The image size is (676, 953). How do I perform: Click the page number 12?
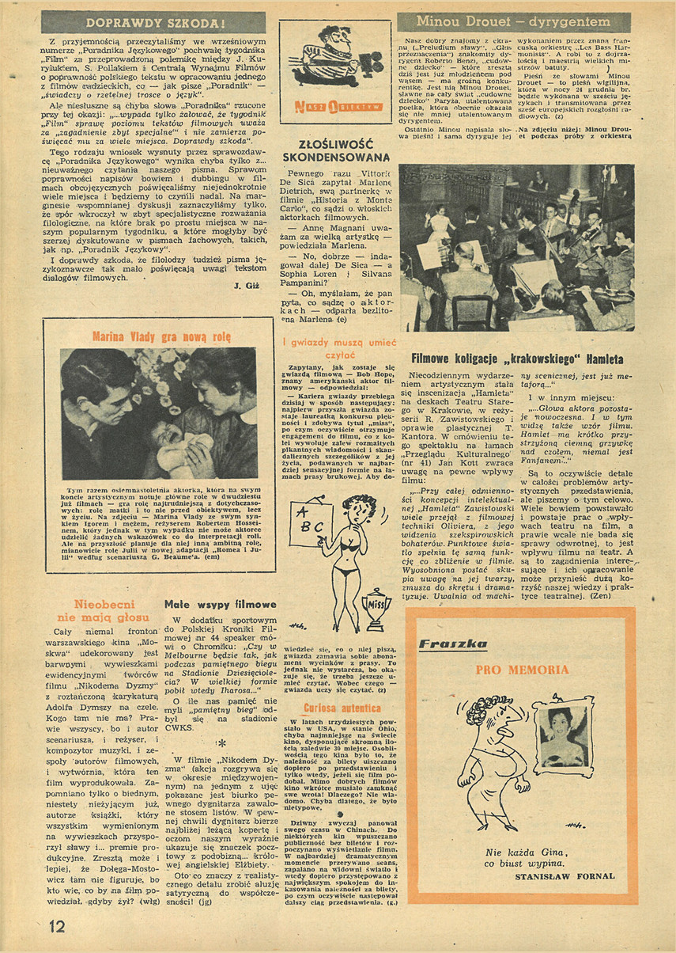56,925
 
